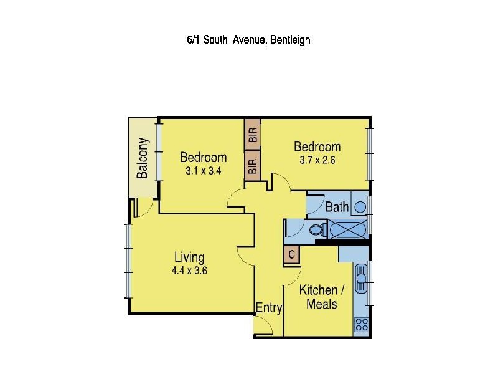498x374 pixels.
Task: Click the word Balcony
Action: (143, 158)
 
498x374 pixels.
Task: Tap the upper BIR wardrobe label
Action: (253, 135)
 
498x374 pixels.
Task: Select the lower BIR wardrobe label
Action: (253, 166)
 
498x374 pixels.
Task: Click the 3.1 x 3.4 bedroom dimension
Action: (203, 169)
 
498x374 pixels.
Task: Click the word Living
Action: (189, 257)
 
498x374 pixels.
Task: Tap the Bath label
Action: (337, 207)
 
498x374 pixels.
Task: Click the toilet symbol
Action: (317, 230)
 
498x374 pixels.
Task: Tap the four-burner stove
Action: (361, 324)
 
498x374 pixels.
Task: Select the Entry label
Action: (269, 308)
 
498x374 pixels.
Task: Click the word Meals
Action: (322, 304)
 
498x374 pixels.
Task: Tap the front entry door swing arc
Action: (266, 325)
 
